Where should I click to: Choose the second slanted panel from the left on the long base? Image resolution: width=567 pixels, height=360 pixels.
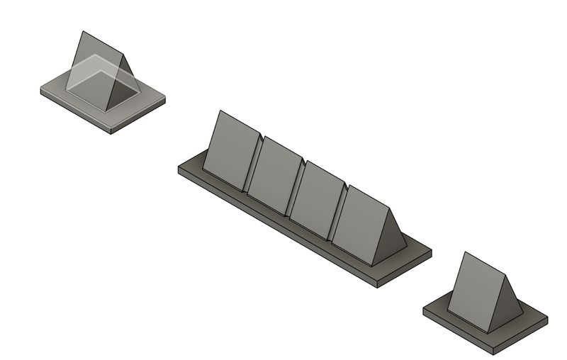click(276, 173)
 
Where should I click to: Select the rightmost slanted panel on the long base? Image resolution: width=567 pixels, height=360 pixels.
click(360, 223)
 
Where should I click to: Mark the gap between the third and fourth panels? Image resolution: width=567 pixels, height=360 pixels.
click(338, 213)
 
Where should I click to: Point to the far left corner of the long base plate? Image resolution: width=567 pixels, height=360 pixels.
click(178, 168)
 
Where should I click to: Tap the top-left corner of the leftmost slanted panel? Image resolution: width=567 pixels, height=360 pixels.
click(221, 111)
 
